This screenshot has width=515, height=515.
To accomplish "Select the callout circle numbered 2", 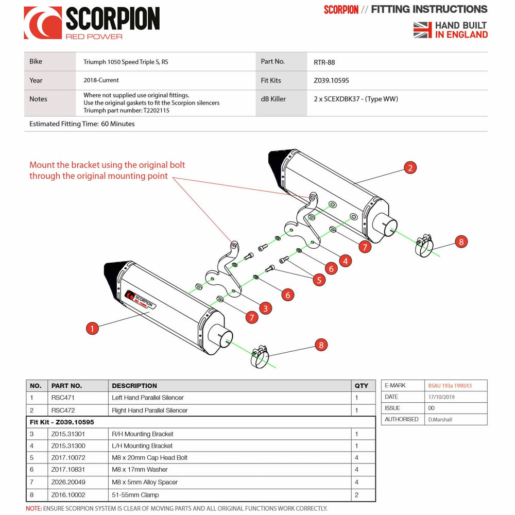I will pyautogui.click(x=409, y=168).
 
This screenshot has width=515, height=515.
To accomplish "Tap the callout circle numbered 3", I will pyautogui.click(x=265, y=308).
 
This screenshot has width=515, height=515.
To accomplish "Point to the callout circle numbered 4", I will pyautogui.click(x=345, y=261).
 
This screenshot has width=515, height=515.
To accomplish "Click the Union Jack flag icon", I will pyautogui.click(x=422, y=30).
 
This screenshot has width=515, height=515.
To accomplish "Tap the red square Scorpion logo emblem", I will pyautogui.click(x=43, y=23).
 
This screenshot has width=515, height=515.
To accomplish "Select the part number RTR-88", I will pyautogui.click(x=324, y=62).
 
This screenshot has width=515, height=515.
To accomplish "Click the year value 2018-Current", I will pyautogui.click(x=101, y=80).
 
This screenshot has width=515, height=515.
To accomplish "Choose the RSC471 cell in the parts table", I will pyautogui.click(x=63, y=398).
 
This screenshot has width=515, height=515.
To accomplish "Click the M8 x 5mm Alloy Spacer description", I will pyautogui.click(x=145, y=482).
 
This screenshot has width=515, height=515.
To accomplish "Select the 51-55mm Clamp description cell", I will pyautogui.click(x=135, y=495).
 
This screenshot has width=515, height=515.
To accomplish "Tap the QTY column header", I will pyautogui.click(x=362, y=386).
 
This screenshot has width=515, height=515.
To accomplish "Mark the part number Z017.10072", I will pyautogui.click(x=69, y=457).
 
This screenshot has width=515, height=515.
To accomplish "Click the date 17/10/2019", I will pyautogui.click(x=441, y=397).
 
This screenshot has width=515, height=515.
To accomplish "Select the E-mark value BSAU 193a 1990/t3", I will pyautogui.click(x=450, y=385).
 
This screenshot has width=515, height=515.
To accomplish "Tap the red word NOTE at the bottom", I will pyautogui.click(x=33, y=509).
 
